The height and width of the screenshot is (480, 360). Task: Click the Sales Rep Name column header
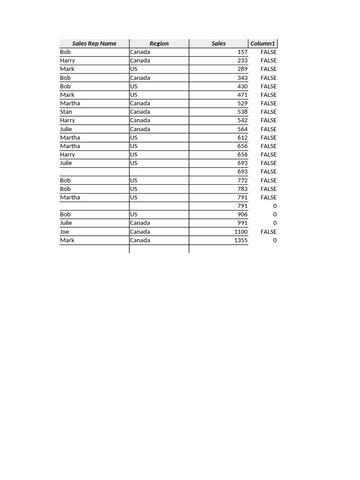click(x=94, y=44)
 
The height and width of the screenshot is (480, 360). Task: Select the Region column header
click(x=159, y=44)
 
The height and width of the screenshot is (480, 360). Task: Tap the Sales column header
click(x=218, y=44)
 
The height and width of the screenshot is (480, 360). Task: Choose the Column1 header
click(x=262, y=44)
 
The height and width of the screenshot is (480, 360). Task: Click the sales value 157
click(x=242, y=52)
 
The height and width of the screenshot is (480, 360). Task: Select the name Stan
click(x=66, y=112)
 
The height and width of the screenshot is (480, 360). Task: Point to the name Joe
click(x=65, y=232)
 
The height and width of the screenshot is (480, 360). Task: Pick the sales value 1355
click(x=240, y=240)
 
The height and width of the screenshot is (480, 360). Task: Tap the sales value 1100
click(x=240, y=232)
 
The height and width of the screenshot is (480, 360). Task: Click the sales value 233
click(x=242, y=60)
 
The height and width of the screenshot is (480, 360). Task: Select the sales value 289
click(x=242, y=69)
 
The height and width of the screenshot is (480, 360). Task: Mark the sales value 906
click(x=242, y=214)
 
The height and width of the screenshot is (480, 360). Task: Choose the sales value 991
click(x=242, y=223)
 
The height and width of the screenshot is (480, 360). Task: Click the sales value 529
click(x=242, y=103)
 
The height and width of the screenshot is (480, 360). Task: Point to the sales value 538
click(x=242, y=112)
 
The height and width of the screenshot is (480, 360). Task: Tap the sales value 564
click(x=242, y=129)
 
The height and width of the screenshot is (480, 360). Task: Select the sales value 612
click(x=242, y=137)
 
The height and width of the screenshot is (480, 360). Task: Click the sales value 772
click(x=242, y=180)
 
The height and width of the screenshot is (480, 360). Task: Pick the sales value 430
click(x=242, y=86)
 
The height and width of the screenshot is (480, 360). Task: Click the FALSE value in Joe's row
click(x=269, y=232)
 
